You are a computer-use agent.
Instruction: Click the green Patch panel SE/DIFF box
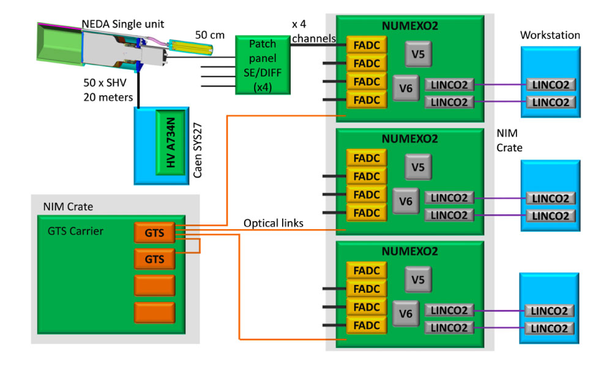tap(263, 64)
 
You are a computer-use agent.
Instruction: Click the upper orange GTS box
tap(154, 232)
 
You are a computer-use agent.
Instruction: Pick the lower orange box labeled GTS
tap(154, 259)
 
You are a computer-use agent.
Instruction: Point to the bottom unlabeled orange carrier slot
tap(154, 312)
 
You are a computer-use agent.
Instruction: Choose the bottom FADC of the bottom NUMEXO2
tap(367, 325)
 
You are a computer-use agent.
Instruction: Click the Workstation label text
tap(550, 36)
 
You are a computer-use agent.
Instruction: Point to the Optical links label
tap(274, 223)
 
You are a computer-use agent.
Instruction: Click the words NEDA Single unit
tap(123, 25)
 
